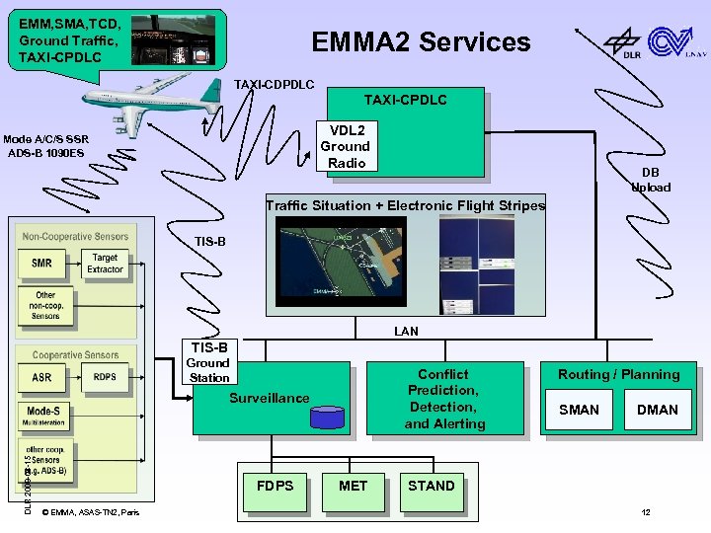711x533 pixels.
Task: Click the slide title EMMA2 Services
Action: pos(421,42)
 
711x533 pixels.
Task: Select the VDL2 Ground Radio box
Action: pos(347,147)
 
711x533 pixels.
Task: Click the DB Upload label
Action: pos(651,180)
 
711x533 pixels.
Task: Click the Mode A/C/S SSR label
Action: pos(46,139)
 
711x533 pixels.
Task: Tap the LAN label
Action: pos(406,332)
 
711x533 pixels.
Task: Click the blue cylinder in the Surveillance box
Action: pos(327,418)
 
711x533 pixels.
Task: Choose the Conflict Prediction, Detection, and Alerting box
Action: pos(443,399)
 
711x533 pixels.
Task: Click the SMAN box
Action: pos(579,410)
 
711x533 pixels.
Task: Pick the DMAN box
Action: pos(657,410)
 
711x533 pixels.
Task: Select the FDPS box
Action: pos(275,486)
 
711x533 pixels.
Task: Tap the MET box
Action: pos(353,486)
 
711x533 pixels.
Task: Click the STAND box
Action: pos(432,486)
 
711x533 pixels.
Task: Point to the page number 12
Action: pos(646,512)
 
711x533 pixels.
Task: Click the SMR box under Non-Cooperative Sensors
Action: pos(42,264)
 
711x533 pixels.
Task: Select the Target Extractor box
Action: pos(105,264)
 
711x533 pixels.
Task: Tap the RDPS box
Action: pos(105,376)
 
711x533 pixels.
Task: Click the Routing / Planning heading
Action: pos(618,375)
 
